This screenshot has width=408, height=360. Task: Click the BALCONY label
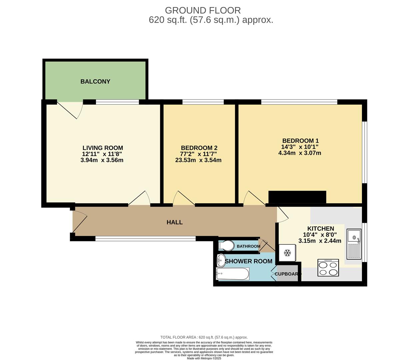click(x=95, y=81)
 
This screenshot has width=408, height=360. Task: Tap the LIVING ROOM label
click(x=103, y=148)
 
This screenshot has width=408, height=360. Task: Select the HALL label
click(x=175, y=222)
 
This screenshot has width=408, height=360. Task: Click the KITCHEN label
click(x=321, y=228)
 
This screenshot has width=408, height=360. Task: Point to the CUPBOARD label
click(x=288, y=274)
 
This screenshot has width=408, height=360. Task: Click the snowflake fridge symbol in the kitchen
click(x=287, y=253)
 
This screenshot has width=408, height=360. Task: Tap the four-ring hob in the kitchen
click(x=328, y=268)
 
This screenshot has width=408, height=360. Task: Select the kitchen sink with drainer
click(x=354, y=244)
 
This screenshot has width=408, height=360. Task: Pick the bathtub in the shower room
click(x=233, y=274)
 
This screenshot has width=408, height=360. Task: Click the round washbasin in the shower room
click(x=221, y=260)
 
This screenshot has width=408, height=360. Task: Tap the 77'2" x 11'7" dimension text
click(x=198, y=154)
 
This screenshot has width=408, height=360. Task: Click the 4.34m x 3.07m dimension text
click(x=300, y=153)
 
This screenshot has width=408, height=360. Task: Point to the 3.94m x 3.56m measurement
click(x=102, y=160)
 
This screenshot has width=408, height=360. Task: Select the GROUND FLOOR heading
click(x=203, y=10)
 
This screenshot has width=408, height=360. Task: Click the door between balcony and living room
click(x=70, y=109)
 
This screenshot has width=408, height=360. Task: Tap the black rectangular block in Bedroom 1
click(x=297, y=197)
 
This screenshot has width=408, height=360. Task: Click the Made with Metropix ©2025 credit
click(x=204, y=358)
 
